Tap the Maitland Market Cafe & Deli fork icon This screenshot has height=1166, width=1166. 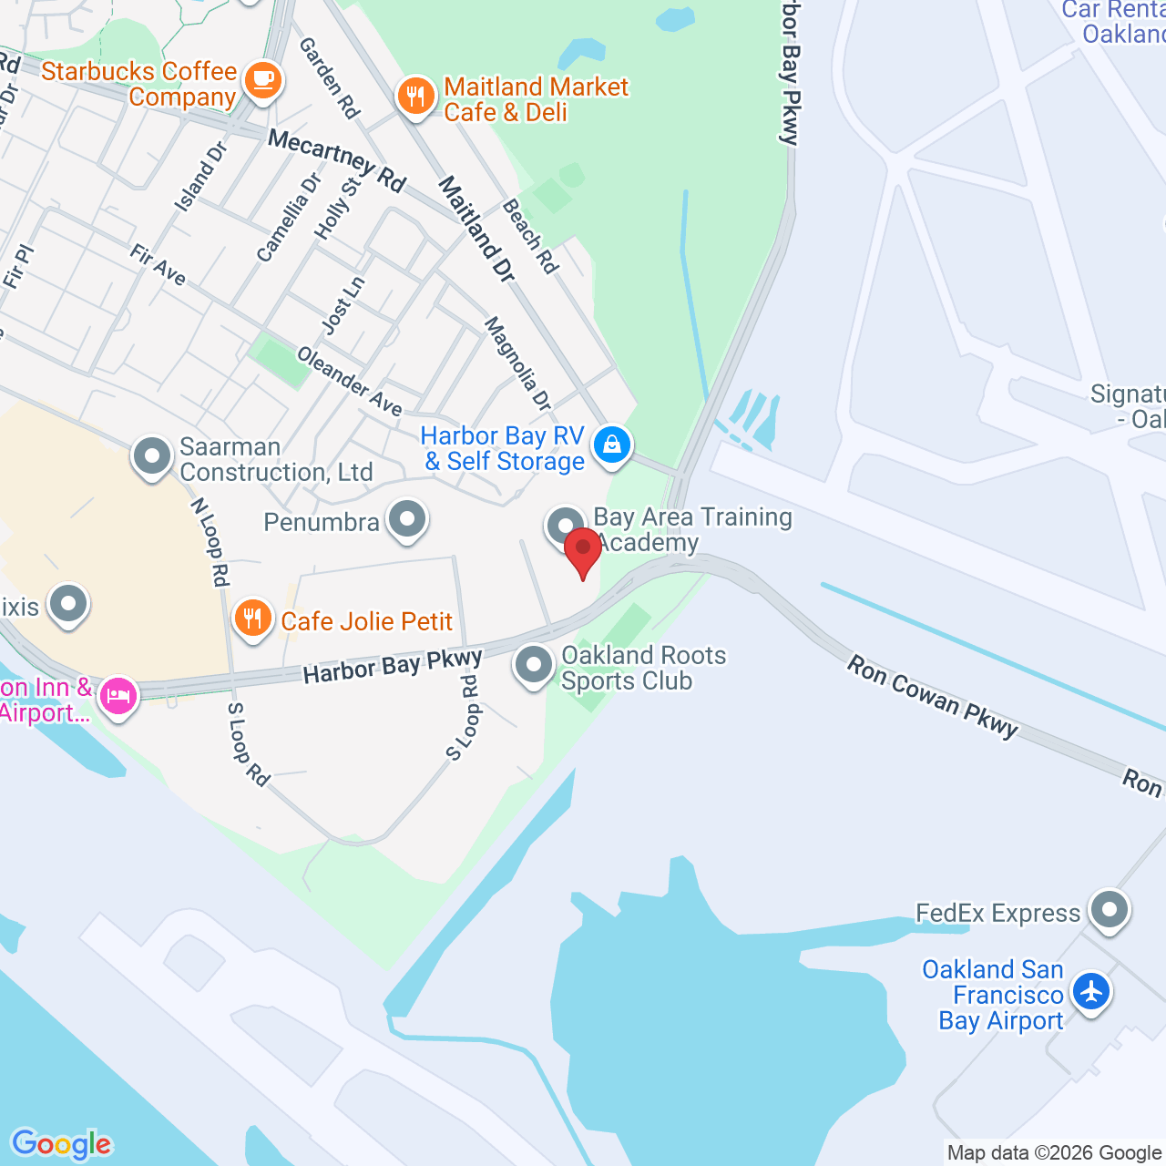(415, 96)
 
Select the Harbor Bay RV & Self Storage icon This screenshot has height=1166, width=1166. (612, 445)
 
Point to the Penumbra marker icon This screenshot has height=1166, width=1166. (406, 519)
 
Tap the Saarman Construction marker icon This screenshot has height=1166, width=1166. (152, 455)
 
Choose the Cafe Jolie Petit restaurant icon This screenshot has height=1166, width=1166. (252, 619)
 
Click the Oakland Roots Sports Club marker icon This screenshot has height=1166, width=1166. (534, 665)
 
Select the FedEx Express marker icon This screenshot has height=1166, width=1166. (1110, 909)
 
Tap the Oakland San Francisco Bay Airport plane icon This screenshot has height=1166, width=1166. (1090, 991)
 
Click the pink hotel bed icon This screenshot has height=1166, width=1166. (118, 696)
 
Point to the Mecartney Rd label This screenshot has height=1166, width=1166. (337, 161)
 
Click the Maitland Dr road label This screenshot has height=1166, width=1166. (476, 229)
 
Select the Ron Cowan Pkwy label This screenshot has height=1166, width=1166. (932, 697)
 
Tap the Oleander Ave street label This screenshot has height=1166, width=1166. (350, 382)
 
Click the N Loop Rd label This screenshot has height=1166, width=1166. (210, 542)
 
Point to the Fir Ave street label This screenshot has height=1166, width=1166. (158, 265)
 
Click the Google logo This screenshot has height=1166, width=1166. (62, 1143)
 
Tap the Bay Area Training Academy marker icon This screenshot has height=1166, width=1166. (565, 526)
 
